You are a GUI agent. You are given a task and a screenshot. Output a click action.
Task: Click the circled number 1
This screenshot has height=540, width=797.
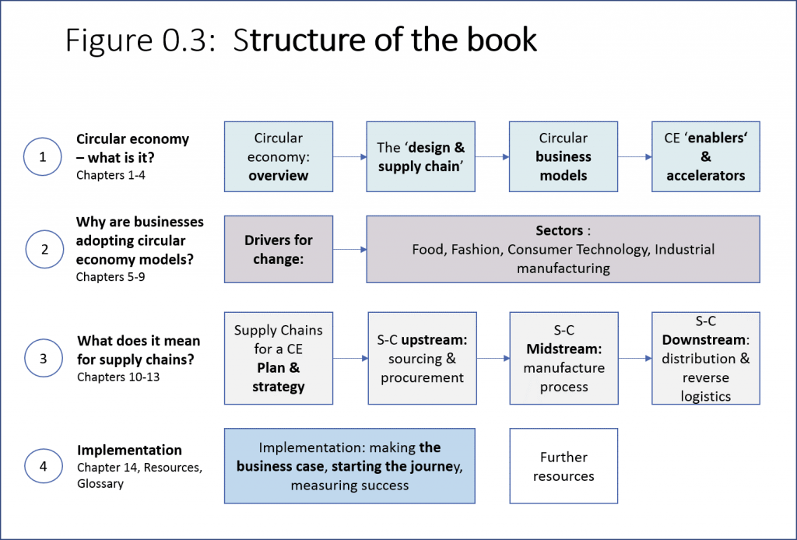[43, 156]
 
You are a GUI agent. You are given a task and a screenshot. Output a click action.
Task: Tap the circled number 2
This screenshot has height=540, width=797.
[44, 249]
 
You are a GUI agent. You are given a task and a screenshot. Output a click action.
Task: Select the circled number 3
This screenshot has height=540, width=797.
[44, 358]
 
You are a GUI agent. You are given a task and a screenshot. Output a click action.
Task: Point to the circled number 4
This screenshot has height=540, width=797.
[44, 466]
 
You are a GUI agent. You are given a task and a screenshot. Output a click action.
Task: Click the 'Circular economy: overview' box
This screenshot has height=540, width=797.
[279, 156]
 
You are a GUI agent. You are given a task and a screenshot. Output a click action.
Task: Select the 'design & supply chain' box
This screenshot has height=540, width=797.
[421, 156]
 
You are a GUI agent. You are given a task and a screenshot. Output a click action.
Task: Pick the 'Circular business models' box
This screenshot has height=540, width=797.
[564, 156]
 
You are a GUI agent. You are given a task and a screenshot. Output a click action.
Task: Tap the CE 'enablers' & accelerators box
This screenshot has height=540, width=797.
[706, 156]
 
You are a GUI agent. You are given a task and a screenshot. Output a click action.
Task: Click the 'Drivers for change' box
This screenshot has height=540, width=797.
[279, 249]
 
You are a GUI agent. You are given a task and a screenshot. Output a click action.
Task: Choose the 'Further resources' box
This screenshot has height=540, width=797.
[564, 466]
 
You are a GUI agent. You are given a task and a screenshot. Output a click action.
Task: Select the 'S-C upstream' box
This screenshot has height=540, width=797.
[423, 358]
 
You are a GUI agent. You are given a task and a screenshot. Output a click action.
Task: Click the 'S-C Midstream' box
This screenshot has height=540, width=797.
[564, 358]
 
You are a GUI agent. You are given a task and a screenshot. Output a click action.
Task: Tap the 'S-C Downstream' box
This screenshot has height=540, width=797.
[706, 358]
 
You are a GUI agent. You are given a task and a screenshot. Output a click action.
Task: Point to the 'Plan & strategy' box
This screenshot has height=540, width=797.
[279, 358]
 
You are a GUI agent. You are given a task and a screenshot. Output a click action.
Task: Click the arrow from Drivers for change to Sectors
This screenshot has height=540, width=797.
[349, 250]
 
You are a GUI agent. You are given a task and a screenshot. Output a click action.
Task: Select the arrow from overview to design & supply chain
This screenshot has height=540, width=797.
[349, 157]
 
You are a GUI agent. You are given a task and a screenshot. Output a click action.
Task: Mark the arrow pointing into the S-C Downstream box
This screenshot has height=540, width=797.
[635, 358]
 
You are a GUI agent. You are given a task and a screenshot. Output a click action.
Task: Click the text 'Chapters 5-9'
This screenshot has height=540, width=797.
[111, 277]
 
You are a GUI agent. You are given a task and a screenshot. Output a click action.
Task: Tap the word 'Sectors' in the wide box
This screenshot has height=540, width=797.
[559, 230]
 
